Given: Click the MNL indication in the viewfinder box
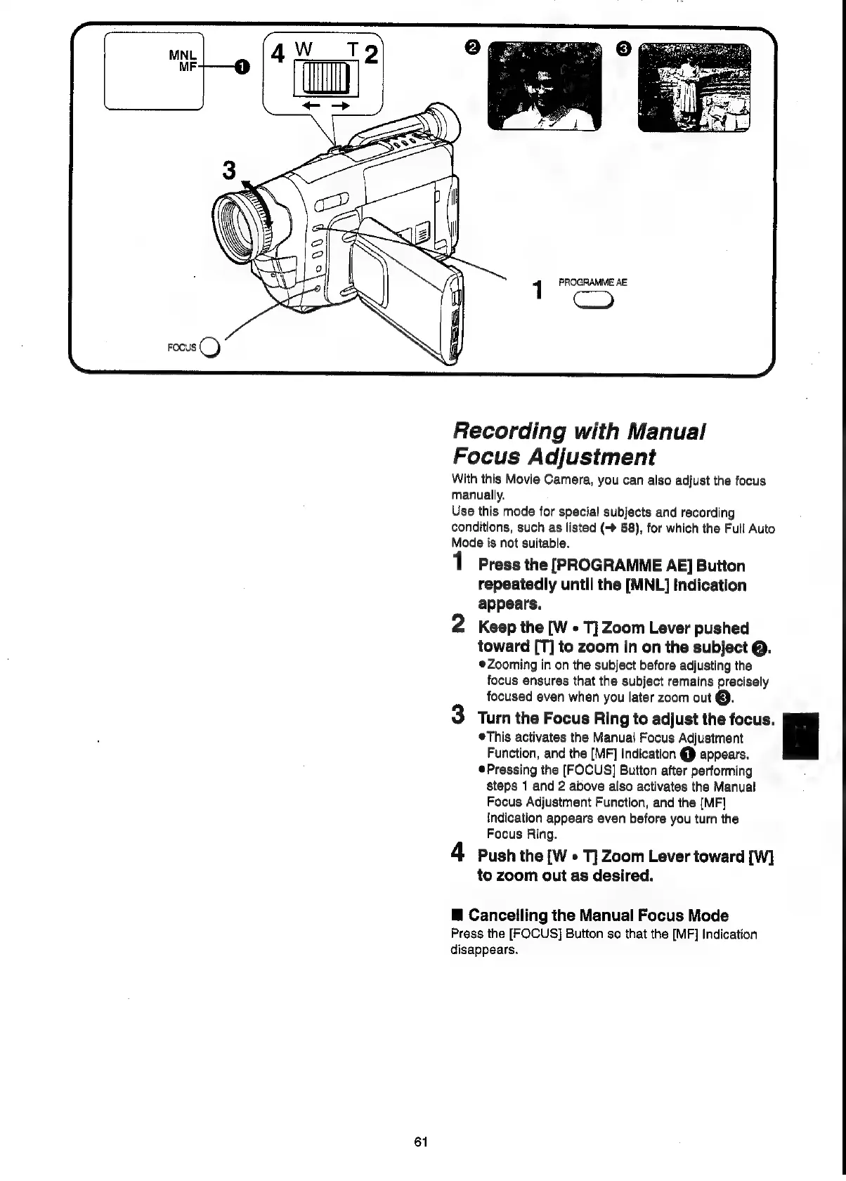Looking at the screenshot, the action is [183, 56].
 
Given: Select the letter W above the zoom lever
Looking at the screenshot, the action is [304, 51].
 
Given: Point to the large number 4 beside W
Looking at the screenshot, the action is [278, 55].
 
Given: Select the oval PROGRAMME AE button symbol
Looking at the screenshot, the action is [594, 300].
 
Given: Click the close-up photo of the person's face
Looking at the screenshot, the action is [545, 86].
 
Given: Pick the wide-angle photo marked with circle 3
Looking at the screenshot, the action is [694, 88].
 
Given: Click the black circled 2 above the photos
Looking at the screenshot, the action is [472, 47].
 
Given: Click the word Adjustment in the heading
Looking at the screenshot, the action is [603, 457].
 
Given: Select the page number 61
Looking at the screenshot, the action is [422, 1142].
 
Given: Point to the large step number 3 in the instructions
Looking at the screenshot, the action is [459, 716].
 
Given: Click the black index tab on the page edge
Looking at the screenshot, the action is [800, 736].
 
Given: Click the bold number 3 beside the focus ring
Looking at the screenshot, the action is [228, 171].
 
